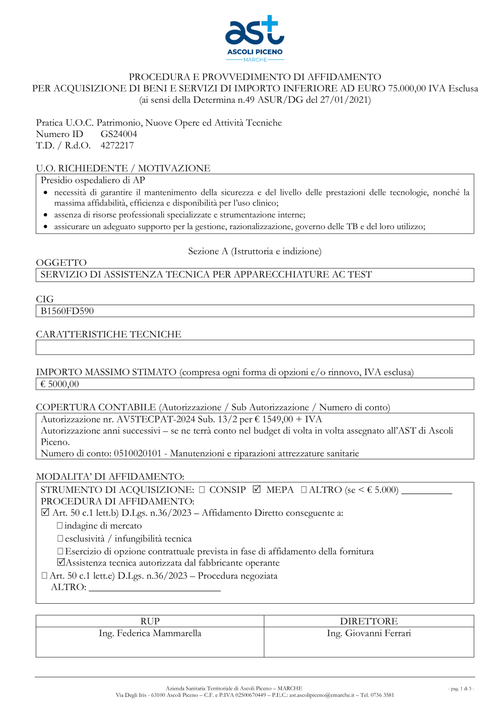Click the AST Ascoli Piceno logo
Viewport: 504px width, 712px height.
tap(255, 38)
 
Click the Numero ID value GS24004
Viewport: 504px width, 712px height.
tap(118, 134)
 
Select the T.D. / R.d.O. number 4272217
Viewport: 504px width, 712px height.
tap(117, 146)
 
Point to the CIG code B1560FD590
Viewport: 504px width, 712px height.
tap(67, 311)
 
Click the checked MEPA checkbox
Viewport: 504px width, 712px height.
tap(257, 489)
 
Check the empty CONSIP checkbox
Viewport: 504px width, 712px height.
tap(202, 489)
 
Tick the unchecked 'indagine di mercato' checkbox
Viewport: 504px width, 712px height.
tap(60, 526)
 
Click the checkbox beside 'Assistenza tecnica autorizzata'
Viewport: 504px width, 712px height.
tap(61, 562)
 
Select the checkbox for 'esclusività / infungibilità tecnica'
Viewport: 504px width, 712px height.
tap(60, 539)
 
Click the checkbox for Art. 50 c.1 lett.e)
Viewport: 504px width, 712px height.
tap(44, 576)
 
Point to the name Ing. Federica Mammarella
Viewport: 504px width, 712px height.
tap(150, 633)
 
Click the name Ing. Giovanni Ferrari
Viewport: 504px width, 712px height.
tap(368, 633)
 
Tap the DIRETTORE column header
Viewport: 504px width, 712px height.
tap(368, 621)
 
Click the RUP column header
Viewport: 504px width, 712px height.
tap(150, 621)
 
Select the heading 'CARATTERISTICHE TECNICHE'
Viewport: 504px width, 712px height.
tap(108, 334)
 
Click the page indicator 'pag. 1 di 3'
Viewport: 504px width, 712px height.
tap(461, 688)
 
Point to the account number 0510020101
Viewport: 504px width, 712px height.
tap(138, 454)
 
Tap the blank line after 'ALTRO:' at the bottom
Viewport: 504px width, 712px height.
tap(154, 588)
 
